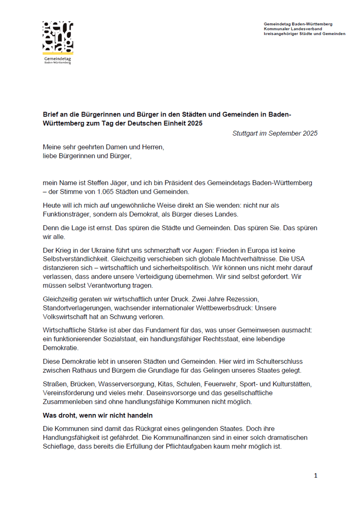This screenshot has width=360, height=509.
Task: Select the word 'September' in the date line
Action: pos(285,133)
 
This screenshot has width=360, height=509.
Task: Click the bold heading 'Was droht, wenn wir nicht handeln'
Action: pos(97,415)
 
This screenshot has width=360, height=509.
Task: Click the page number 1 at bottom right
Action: pos(315,476)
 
